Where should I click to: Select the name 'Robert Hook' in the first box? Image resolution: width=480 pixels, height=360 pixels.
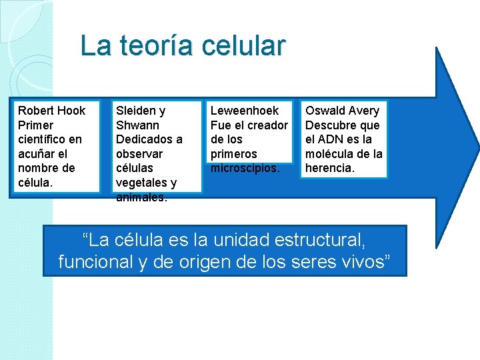[51, 111]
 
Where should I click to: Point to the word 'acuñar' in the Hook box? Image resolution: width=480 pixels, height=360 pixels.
[36, 154]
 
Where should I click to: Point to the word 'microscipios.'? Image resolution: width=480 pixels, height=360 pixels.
[245, 167]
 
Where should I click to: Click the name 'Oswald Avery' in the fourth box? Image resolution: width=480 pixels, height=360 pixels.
[342, 111]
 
